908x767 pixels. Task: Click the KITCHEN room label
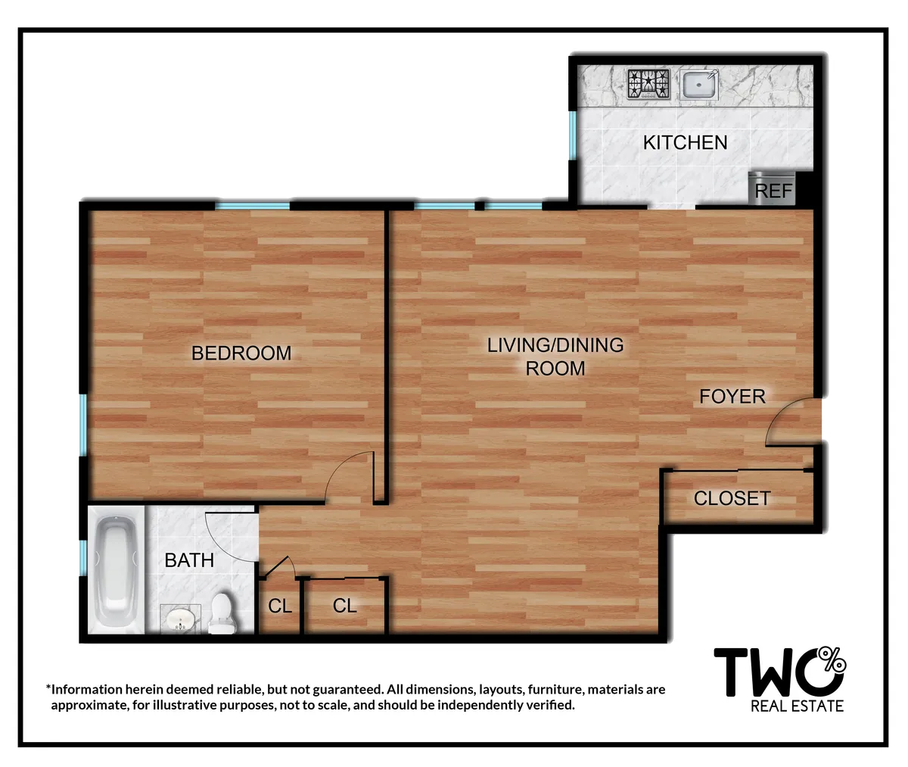click(x=685, y=142)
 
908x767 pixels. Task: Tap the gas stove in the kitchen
click(x=648, y=84)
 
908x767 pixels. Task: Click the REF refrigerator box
click(x=773, y=190)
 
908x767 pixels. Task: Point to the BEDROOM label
click(x=241, y=353)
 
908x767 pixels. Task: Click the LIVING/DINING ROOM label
click(x=555, y=357)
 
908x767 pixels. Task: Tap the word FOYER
click(x=732, y=396)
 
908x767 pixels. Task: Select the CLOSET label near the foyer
click(x=732, y=498)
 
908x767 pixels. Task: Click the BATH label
click(x=189, y=560)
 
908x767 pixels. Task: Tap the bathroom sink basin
click(x=180, y=620)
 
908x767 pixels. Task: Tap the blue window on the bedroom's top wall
click(x=253, y=205)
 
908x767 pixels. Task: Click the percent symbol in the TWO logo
click(x=833, y=661)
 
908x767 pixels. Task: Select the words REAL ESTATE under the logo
click(x=796, y=706)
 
